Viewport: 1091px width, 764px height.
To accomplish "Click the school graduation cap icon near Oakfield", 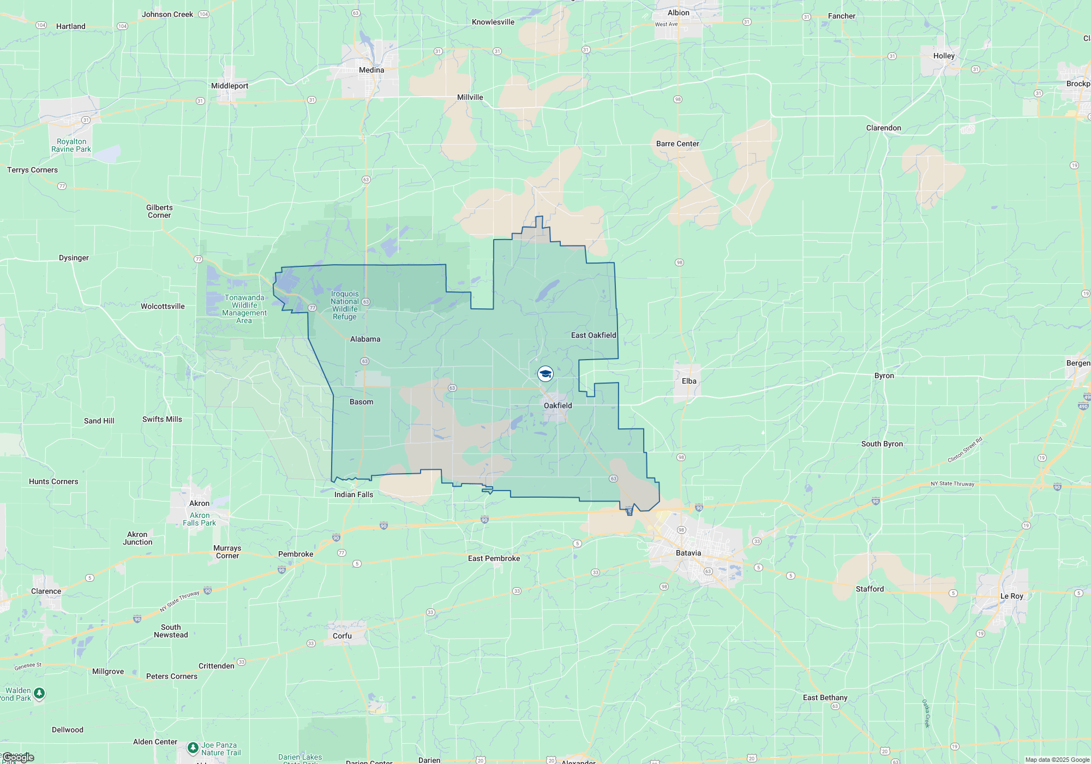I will coord(545,374).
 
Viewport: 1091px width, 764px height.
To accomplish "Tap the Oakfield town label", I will coord(558,405).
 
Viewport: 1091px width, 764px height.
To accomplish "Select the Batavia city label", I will coord(688,553).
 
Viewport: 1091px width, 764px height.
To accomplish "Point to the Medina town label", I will coord(371,70).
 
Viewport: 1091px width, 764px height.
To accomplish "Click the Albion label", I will coord(678,13).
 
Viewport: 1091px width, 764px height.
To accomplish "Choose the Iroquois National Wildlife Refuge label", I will coord(345,305).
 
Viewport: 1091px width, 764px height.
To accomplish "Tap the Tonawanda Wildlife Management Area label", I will coord(244,309).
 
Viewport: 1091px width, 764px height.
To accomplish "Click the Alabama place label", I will coord(365,339).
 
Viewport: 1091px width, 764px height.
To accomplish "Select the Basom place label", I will coord(361,402).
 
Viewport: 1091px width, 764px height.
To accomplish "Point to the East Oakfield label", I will coord(594,335).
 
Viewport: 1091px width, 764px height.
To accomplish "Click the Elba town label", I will coord(689,381).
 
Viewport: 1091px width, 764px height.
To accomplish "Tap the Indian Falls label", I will coord(353,494).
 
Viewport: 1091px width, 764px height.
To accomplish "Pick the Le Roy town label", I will coord(1011,596).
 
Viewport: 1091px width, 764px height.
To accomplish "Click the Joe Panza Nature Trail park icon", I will coord(193,747).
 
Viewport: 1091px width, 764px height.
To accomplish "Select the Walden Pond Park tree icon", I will coord(39,694).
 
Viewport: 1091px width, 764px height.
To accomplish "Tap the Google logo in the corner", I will coord(18,757).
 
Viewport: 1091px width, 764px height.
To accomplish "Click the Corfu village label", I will coord(342,636).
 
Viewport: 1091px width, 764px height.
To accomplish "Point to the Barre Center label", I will coord(678,144).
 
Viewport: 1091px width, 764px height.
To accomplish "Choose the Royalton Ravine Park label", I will coord(71,145).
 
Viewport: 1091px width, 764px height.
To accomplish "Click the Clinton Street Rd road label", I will coord(964,450).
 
